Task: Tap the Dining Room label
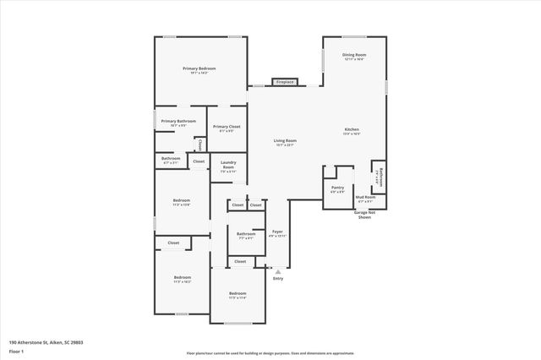click(x=354, y=55)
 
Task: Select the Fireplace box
click(x=285, y=82)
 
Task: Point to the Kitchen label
click(x=351, y=130)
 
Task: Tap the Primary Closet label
click(x=227, y=127)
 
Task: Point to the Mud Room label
click(x=365, y=198)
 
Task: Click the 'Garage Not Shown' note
click(x=364, y=215)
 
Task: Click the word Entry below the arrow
click(x=278, y=278)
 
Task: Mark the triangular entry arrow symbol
click(x=277, y=270)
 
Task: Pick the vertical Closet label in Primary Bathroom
click(x=200, y=145)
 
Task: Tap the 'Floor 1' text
click(x=16, y=350)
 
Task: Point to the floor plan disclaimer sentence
click(x=270, y=353)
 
